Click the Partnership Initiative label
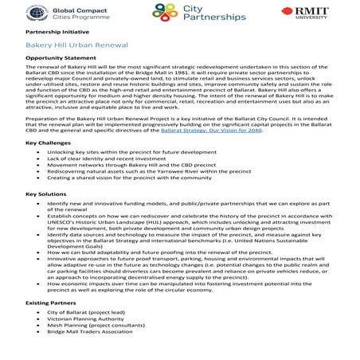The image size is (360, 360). tap(53, 33)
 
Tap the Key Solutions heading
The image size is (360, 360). tap(45, 194)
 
